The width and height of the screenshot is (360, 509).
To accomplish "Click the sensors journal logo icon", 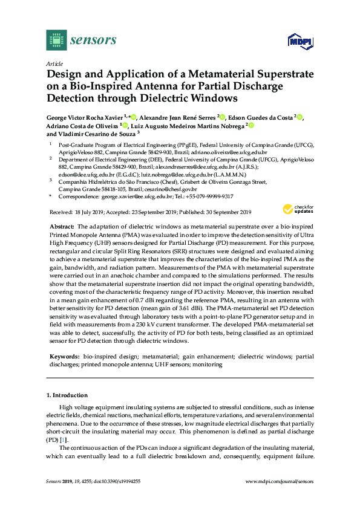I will pyautogui.click(x=56, y=40).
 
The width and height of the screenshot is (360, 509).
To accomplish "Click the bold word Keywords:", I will pyautogui.click(x=64, y=357).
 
